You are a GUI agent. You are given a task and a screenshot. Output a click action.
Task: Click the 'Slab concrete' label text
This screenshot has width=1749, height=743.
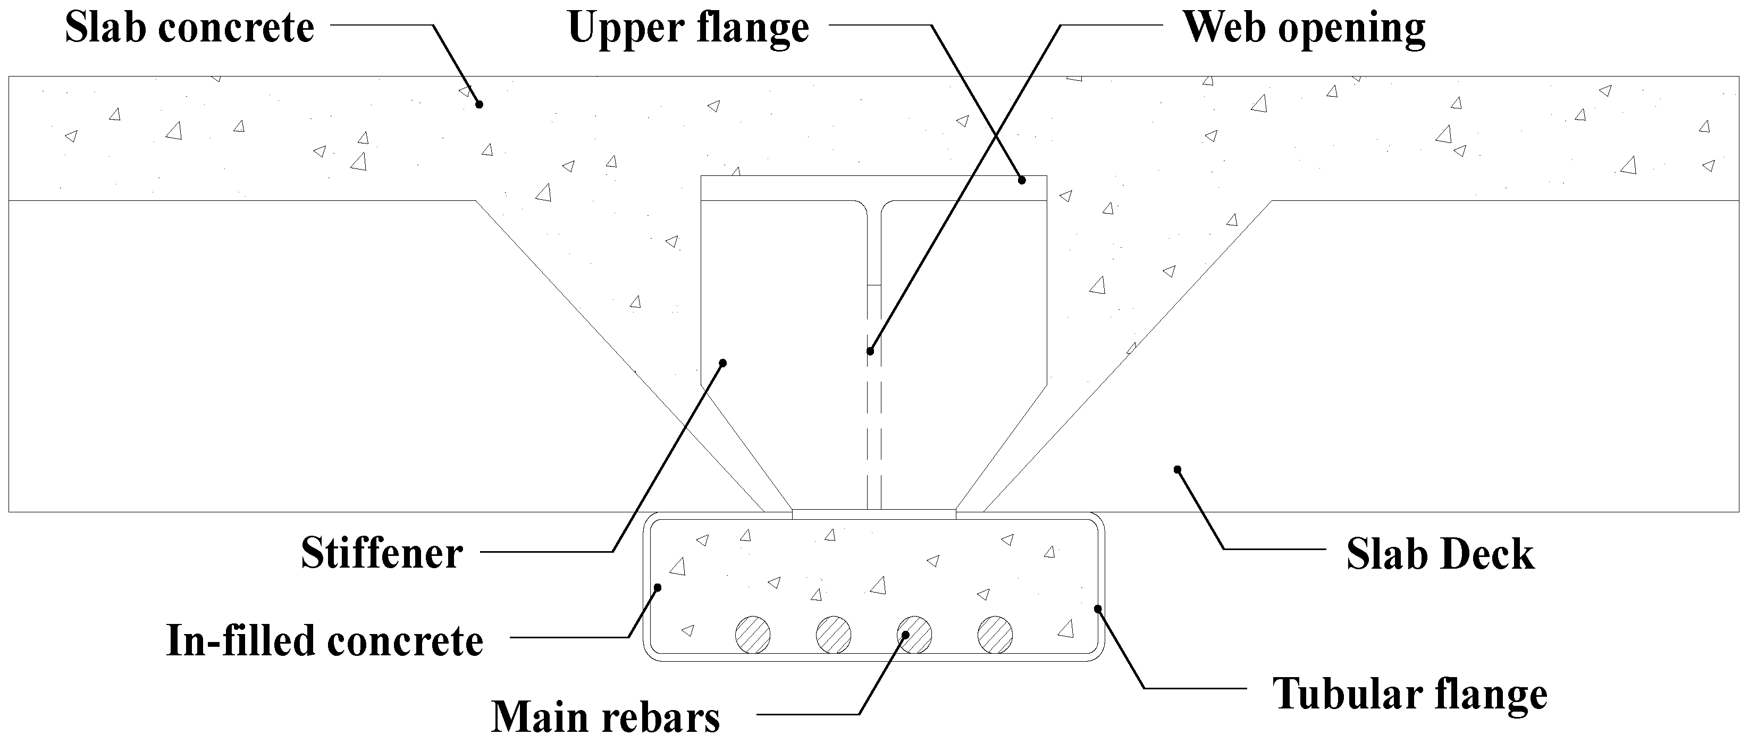point(189,29)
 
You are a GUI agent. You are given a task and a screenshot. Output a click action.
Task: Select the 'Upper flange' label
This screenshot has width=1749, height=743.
point(688,29)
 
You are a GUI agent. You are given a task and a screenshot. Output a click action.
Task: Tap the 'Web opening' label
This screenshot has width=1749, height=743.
point(1304,29)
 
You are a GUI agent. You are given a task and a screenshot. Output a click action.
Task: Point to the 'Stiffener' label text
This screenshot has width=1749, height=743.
point(382,553)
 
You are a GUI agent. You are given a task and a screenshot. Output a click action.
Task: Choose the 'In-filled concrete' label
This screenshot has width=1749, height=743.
point(324,640)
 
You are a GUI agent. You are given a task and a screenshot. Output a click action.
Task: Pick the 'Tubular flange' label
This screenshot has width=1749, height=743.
point(1409,694)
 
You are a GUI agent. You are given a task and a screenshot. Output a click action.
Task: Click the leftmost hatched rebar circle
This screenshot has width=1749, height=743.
point(753,635)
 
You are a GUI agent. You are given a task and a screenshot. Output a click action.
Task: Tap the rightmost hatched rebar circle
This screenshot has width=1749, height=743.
point(995,635)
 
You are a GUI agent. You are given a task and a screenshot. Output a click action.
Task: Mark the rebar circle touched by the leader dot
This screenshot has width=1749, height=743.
point(914,635)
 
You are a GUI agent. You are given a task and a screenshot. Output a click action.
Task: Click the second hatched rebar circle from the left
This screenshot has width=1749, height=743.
point(834,635)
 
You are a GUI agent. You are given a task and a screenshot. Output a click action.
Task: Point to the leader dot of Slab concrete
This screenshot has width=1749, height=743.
point(478,104)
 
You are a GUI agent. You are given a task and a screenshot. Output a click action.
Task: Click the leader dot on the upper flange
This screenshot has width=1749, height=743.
point(1021,180)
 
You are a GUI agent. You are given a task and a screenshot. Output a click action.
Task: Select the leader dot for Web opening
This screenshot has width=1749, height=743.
point(870,351)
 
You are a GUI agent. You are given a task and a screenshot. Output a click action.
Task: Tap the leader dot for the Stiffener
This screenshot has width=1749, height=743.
point(723,363)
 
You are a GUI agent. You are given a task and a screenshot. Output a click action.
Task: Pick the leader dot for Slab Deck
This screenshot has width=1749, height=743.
point(1178,469)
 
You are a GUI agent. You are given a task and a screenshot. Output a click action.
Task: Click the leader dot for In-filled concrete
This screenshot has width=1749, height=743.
point(657,587)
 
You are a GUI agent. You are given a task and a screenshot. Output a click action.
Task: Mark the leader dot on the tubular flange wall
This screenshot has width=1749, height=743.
point(1098,609)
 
